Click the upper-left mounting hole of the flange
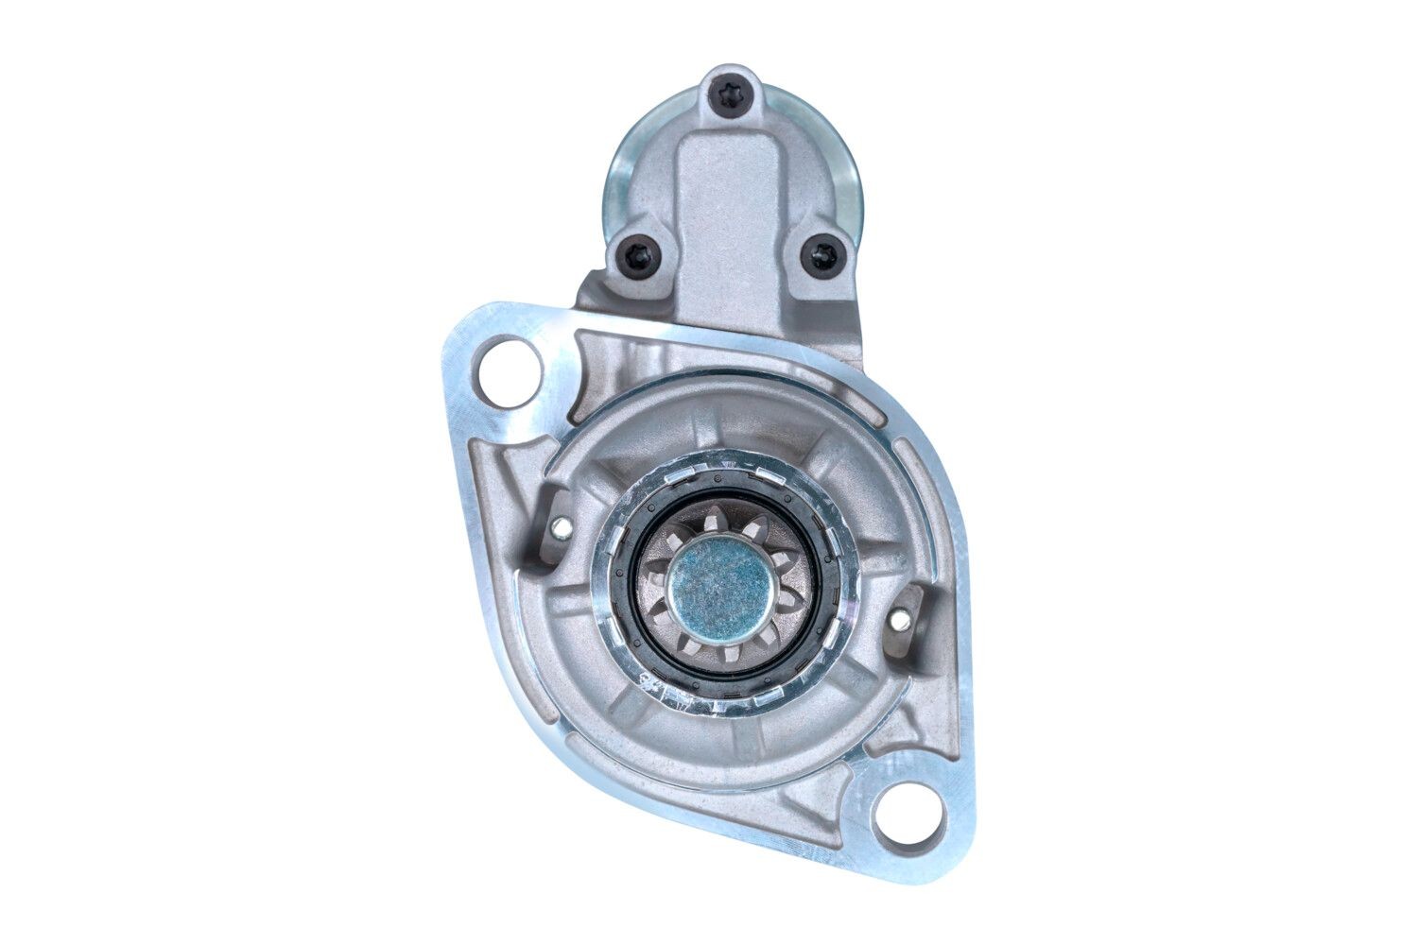point(510,373)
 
